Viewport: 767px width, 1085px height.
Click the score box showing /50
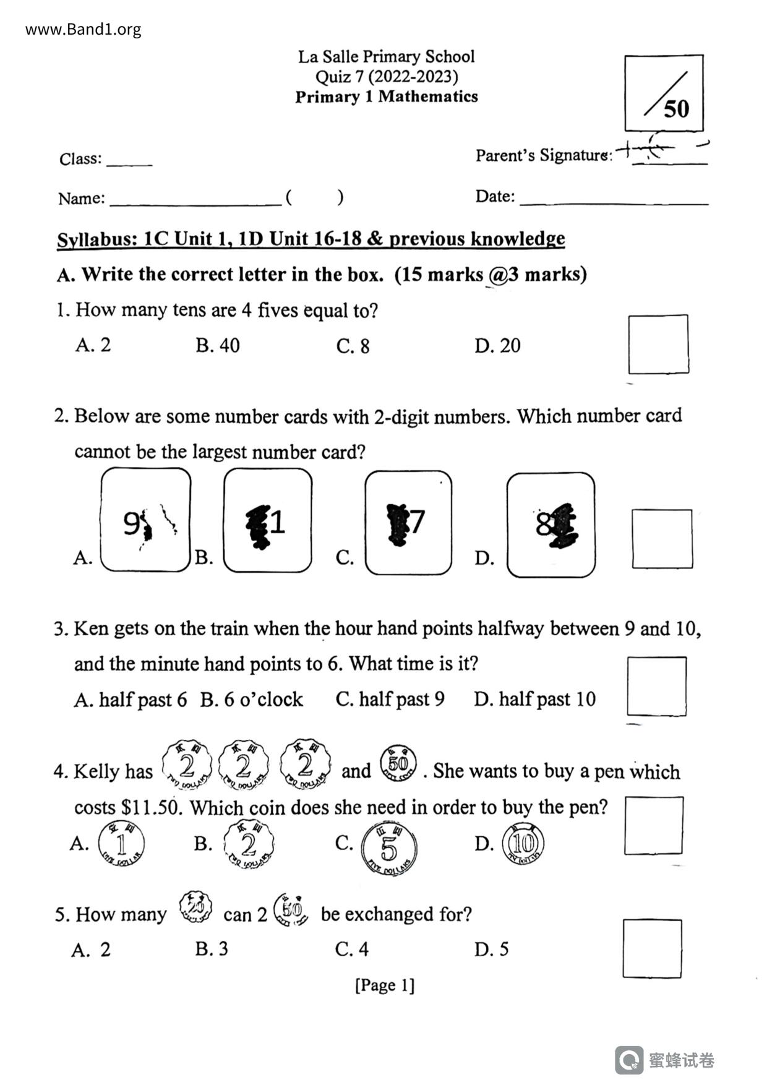point(664,93)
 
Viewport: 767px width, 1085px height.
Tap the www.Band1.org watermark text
point(84,29)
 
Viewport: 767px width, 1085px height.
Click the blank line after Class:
point(129,161)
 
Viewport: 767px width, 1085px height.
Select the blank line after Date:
point(614,199)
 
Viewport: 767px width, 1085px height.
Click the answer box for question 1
point(658,345)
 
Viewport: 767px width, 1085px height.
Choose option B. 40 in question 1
point(218,345)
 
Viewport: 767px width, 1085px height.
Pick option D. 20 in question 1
point(497,345)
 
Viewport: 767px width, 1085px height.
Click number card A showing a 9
point(146,520)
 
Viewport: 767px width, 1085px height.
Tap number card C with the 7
point(408,523)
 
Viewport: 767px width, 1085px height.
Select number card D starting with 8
point(551,525)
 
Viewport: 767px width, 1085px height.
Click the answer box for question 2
point(662,539)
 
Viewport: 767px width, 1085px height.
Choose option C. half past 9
point(390,699)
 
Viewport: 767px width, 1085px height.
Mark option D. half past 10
point(534,699)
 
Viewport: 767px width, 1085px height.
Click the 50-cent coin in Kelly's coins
point(398,763)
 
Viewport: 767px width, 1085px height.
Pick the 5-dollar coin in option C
point(388,847)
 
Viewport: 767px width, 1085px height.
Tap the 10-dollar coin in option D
point(523,844)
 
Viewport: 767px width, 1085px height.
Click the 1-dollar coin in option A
point(122,844)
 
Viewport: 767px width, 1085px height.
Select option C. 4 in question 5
point(351,949)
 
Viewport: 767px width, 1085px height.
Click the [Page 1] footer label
point(385,985)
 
